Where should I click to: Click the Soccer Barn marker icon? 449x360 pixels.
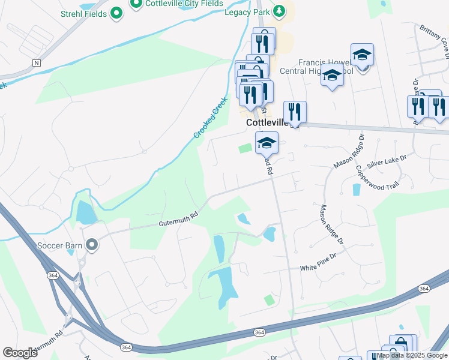click(x=91, y=245)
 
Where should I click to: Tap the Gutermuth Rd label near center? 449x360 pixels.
click(x=178, y=222)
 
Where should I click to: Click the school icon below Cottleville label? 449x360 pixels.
click(x=267, y=142)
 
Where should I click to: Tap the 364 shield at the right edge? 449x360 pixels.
click(x=424, y=289)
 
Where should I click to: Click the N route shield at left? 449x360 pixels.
click(x=37, y=62)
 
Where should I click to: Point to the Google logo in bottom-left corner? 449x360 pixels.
click(x=20, y=352)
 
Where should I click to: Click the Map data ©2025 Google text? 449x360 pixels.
click(x=412, y=355)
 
